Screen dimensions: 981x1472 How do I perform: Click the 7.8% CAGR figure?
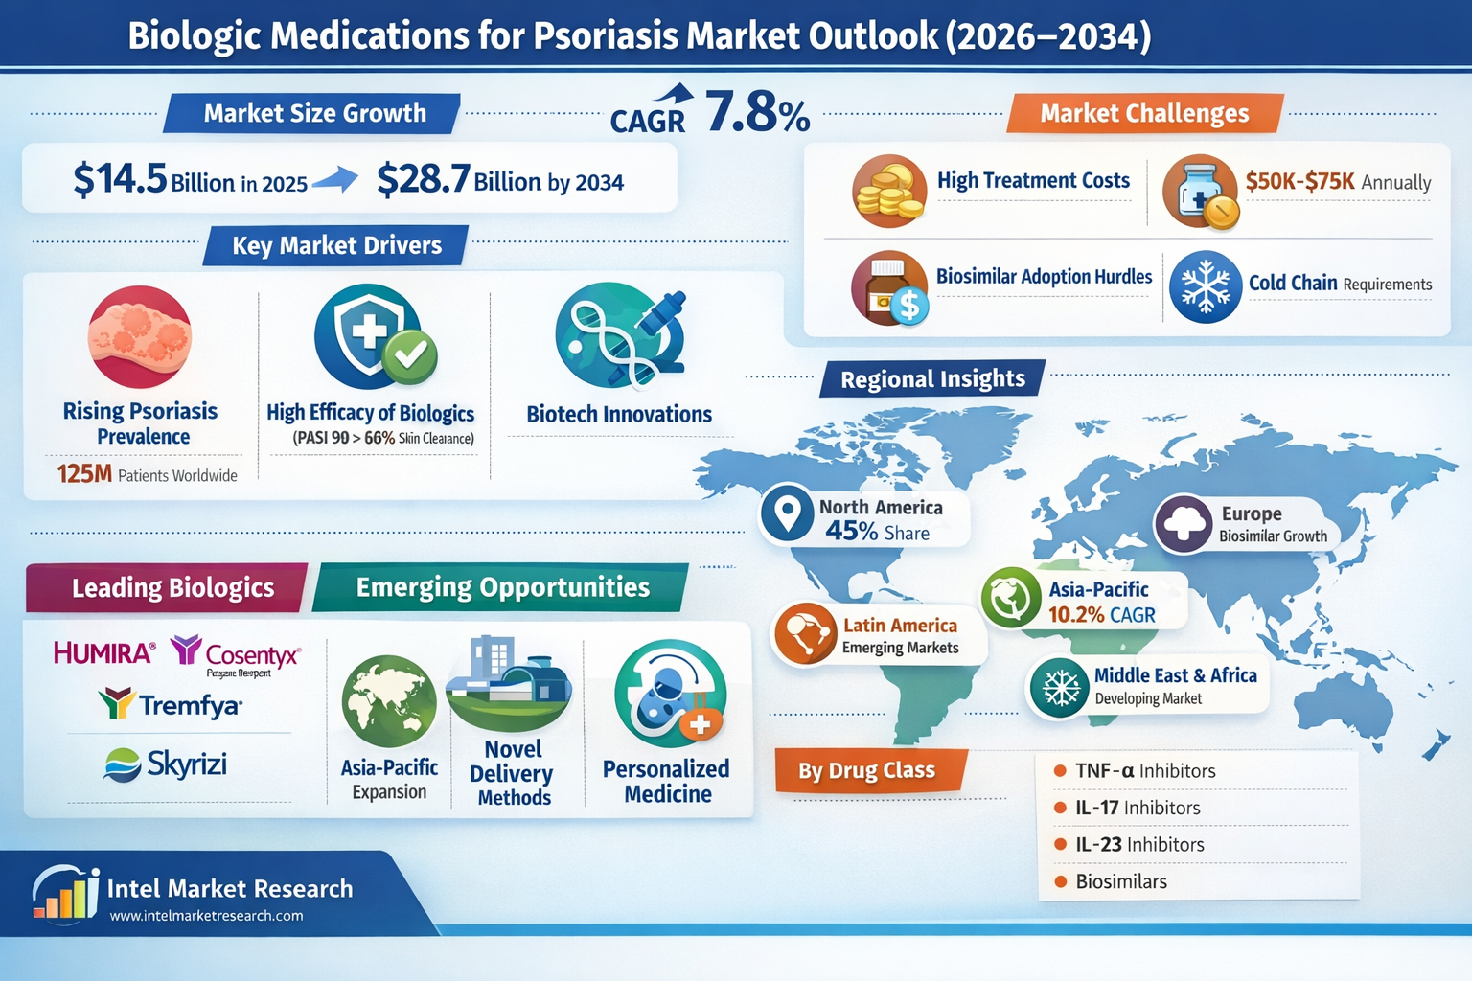coord(757,113)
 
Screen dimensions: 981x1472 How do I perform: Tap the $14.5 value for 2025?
coord(121,179)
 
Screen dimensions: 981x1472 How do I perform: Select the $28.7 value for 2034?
coord(424,179)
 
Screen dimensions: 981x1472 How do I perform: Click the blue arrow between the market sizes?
coord(334,179)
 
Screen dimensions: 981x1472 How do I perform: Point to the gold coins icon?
coord(888,192)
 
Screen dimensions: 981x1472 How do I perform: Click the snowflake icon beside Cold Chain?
coord(1205,286)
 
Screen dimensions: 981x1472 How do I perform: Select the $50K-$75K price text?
coord(1299,181)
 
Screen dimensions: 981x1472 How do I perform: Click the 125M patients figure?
coord(84,474)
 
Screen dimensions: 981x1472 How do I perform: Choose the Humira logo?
coord(103,653)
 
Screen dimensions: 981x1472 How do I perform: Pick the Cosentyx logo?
coord(237,654)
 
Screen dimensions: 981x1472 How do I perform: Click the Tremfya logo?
coord(171,705)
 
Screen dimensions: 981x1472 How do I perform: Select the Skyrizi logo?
coord(166,764)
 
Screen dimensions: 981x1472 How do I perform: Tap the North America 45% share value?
coord(852,532)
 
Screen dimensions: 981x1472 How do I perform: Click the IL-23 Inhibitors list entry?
coord(1138,845)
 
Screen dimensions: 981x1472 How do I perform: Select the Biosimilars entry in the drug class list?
coord(1120,881)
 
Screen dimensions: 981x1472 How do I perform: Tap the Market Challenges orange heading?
coord(1144,113)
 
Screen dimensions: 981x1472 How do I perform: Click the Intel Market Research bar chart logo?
coord(65,894)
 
